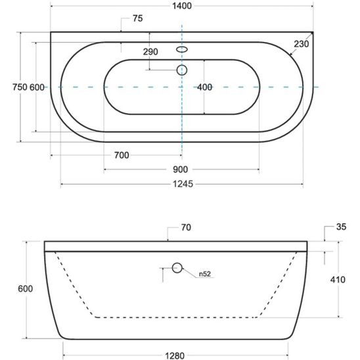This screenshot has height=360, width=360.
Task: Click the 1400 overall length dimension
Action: click(x=182, y=6)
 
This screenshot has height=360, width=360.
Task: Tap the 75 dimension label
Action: click(x=138, y=18)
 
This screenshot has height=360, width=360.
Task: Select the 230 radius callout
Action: click(x=302, y=44)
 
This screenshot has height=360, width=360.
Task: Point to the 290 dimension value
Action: click(x=150, y=52)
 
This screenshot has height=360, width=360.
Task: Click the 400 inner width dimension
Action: click(x=204, y=87)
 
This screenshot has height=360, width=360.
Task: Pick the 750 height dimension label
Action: click(x=20, y=87)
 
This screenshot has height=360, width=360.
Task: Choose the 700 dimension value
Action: click(x=122, y=156)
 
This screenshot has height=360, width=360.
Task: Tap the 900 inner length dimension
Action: click(x=180, y=169)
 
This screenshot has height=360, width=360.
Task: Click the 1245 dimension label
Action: click(x=183, y=184)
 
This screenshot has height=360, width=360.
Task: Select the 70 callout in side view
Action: click(x=186, y=227)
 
